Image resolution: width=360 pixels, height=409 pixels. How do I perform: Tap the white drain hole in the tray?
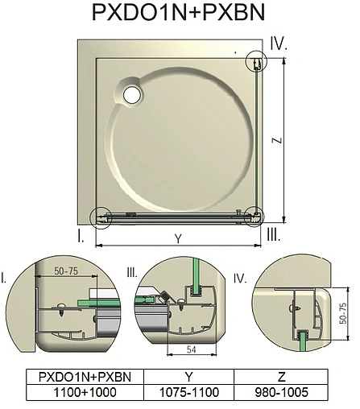pyautogui.click(x=131, y=93)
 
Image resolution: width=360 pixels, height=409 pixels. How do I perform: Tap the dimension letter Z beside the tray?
pyautogui.click(x=276, y=140)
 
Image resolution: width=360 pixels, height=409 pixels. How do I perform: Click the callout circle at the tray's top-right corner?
pyautogui.click(x=254, y=61)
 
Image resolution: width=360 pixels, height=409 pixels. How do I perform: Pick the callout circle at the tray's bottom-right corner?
pyautogui.click(x=254, y=216)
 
